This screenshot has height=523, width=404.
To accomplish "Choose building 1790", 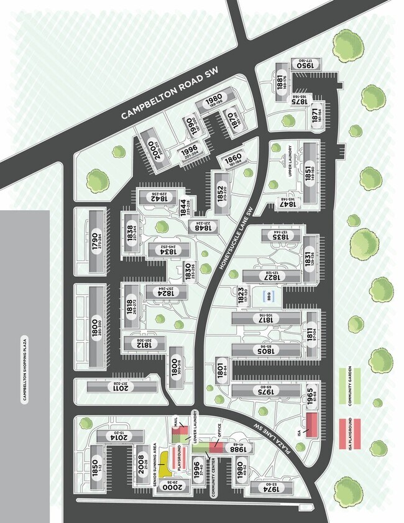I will coord(95,239).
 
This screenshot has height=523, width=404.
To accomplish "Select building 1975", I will coord(266,391).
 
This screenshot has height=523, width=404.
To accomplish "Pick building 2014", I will coord(121,438).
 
